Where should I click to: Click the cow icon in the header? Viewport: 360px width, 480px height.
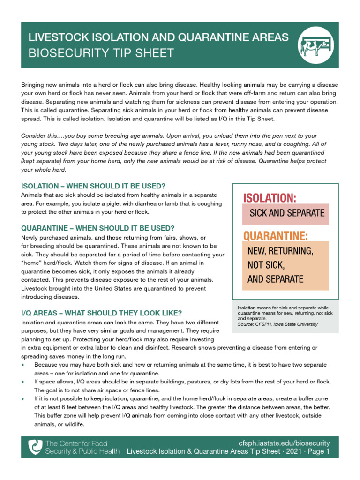315,45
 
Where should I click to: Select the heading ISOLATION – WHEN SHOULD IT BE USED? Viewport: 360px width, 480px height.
93,186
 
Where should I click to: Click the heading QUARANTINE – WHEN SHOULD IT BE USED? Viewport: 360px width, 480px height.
98,228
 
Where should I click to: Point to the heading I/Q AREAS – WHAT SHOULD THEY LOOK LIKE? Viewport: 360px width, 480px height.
102,313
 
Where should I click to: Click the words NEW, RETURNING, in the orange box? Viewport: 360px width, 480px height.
280,251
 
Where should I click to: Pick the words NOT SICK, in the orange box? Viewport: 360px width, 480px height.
266,265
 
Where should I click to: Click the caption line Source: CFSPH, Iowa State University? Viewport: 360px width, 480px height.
277,324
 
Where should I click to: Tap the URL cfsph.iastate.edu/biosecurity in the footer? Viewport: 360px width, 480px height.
284,443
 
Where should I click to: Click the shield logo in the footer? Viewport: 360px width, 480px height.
35,447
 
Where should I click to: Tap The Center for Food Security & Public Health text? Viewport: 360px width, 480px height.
82,447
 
